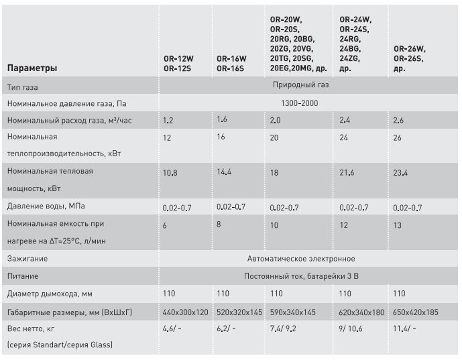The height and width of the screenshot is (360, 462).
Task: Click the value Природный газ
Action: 301,86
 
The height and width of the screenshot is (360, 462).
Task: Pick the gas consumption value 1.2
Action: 168,121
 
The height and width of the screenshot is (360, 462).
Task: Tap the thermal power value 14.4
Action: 225,172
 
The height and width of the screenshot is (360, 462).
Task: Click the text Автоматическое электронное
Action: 301,258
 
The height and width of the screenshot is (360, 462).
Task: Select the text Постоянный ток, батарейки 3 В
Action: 301,276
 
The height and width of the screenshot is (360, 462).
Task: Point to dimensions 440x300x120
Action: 186,311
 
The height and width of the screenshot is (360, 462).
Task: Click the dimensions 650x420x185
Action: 416,311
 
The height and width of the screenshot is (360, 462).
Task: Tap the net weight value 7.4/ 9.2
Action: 282,328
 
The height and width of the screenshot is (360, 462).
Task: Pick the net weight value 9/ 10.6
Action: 351,328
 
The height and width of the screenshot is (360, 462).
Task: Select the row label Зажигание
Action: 28,258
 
